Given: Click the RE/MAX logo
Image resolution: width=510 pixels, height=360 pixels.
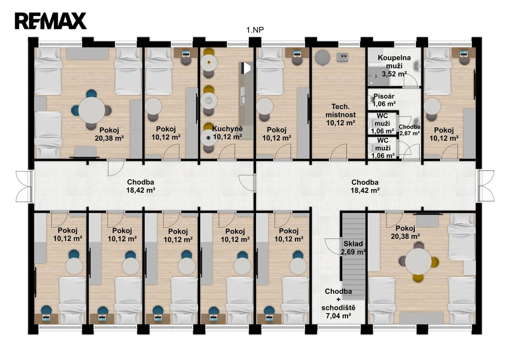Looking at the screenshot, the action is coord(50,21).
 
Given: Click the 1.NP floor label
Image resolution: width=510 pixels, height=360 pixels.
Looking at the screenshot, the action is coord(255,30).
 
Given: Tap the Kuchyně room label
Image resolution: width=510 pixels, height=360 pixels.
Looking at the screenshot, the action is coord(227,129).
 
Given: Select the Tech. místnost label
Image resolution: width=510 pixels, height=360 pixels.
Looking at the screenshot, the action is coord(341,111).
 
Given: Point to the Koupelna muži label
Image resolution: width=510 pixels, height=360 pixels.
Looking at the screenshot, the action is coord(394,61).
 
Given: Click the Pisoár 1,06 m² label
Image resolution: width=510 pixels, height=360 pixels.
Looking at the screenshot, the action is coord(384,100).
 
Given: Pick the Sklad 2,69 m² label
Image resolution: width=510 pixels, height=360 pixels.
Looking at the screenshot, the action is coord(353,248).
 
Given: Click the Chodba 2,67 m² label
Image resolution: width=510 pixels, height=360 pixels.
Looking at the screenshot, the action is coord(409,130).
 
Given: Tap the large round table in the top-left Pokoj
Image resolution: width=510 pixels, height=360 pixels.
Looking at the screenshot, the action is coord(92,110).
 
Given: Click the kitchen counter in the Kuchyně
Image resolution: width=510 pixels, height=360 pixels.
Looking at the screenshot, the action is coord(246,101).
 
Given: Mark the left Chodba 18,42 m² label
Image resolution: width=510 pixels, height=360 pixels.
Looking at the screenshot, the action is coord(140,186).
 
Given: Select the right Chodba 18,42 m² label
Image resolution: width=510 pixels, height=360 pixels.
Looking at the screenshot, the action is coord(365,186).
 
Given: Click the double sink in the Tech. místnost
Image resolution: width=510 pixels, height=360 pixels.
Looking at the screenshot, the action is coord(343,57).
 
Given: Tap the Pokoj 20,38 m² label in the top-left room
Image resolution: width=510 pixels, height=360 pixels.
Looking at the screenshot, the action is coord(109,133).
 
